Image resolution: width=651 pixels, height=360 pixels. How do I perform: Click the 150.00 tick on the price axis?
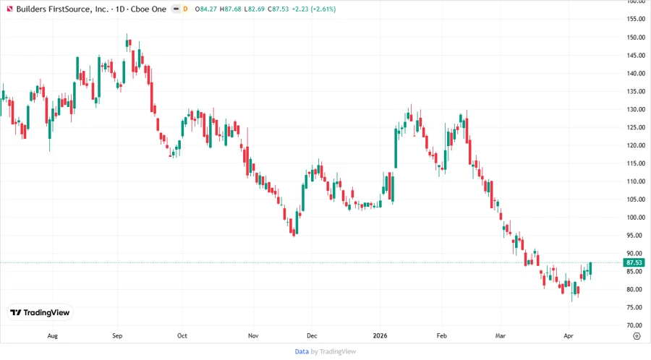(635, 37)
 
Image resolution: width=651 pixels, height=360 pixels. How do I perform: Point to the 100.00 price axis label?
(635, 218)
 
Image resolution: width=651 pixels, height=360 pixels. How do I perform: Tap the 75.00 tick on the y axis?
(635, 307)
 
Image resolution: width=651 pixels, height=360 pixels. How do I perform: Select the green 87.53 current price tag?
(634, 262)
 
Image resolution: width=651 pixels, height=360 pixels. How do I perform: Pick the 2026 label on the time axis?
(379, 335)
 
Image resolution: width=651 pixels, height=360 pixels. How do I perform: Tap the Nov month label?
(252, 335)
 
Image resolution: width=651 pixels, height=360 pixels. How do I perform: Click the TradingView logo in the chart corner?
(40, 312)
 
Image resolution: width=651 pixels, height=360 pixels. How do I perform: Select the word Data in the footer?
(302, 351)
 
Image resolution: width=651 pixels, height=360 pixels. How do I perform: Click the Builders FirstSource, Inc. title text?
(64, 9)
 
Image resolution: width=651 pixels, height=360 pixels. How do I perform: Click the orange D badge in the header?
(186, 9)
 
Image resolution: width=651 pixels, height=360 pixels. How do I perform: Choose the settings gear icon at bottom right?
(636, 335)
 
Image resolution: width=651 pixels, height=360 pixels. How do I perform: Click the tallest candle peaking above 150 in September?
(127, 42)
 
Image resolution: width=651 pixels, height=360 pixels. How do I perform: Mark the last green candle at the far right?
(590, 269)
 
